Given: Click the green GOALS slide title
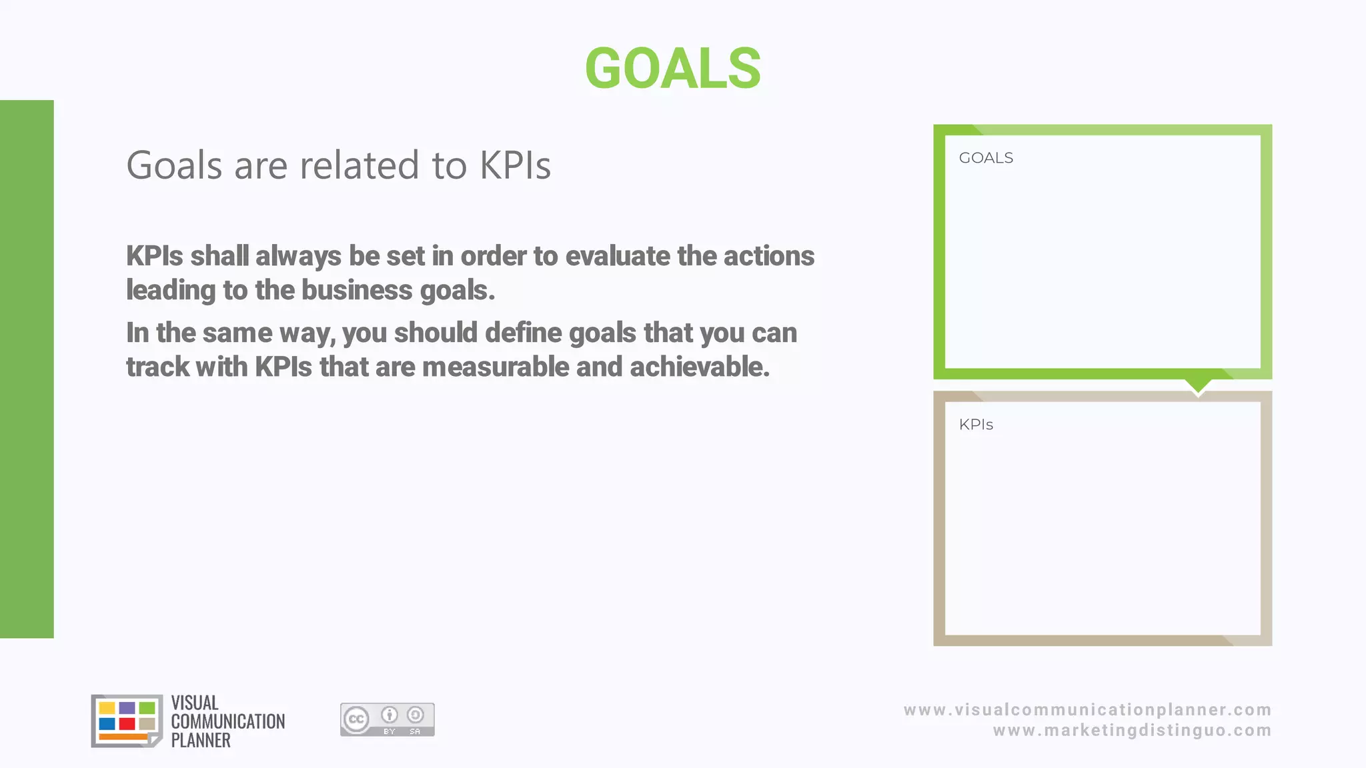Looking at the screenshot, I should pyautogui.click(x=672, y=68).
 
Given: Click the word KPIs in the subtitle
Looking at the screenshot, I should pyautogui.click(x=515, y=165).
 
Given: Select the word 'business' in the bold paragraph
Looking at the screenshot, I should pyautogui.click(x=357, y=290).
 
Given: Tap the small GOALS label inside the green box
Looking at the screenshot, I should pyautogui.click(x=986, y=158).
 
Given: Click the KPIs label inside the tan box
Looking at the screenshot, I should pyautogui.click(x=976, y=425).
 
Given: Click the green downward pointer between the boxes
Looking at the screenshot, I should pyautogui.click(x=1198, y=385).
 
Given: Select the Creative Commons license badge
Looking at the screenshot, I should pyautogui.click(x=387, y=719).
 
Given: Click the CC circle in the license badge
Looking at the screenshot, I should pyautogui.click(x=356, y=719).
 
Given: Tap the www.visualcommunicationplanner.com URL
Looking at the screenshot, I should pyautogui.click(x=1087, y=709).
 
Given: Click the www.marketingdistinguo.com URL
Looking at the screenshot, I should pyautogui.click(x=1132, y=731).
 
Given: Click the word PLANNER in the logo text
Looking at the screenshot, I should pyautogui.click(x=201, y=740).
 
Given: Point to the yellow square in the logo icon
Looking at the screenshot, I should pyautogui.click(x=107, y=707).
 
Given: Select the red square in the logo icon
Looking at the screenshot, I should pyautogui.click(x=127, y=724).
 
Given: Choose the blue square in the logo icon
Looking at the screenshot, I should pyautogui.click(x=107, y=724).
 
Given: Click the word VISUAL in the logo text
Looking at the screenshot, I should pyautogui.click(x=195, y=703).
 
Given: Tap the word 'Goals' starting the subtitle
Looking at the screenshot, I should pyautogui.click(x=173, y=165).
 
